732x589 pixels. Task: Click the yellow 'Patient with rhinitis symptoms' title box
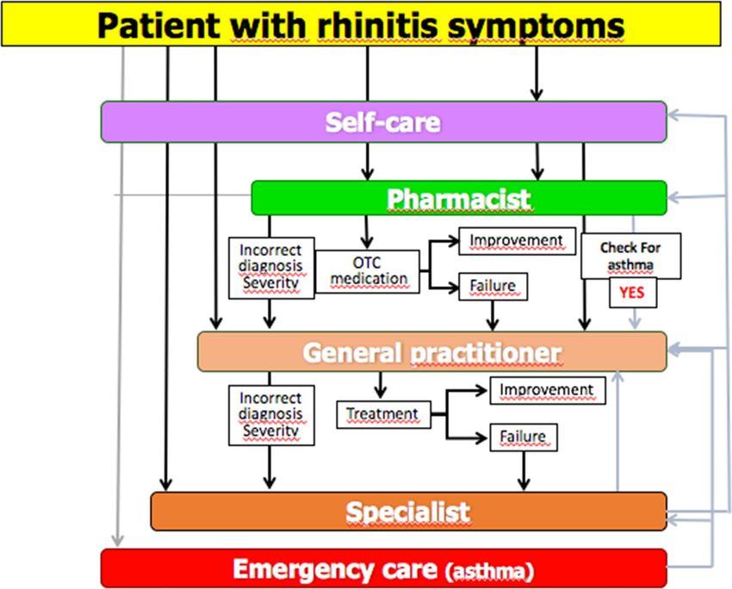361,24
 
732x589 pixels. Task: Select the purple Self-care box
384,121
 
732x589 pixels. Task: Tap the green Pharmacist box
459,198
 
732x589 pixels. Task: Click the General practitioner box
432,351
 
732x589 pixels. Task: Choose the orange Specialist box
408,511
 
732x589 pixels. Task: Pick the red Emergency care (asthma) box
384,568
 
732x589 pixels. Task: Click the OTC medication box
368,271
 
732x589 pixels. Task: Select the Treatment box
383,414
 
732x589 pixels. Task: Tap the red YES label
633,293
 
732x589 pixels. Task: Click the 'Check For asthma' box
630,256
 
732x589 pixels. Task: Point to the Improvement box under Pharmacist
518,241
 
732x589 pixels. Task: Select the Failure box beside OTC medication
493,286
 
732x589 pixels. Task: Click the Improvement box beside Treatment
548,390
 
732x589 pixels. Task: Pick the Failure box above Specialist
524,437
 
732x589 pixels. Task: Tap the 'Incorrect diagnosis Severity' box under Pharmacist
271,268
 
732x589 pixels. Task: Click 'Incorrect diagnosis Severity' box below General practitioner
271,415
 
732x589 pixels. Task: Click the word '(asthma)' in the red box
490,571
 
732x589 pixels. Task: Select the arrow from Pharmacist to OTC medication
367,232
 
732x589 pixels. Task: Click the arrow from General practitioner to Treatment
381,385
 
